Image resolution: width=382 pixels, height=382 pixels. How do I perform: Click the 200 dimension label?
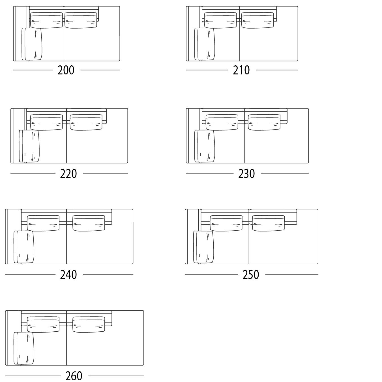[x=66, y=70]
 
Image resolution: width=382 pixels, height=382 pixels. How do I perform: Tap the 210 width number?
[x=241, y=70]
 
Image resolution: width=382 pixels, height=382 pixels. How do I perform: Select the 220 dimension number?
[x=68, y=174]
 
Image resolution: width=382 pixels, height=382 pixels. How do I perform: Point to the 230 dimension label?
[x=246, y=174]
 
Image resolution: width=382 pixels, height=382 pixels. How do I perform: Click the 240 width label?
[x=68, y=275]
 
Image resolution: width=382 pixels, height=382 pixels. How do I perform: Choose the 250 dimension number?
[x=251, y=275]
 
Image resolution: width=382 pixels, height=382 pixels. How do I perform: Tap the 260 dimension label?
[x=74, y=376]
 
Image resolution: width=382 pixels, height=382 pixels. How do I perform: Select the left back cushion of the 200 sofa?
[x=46, y=20]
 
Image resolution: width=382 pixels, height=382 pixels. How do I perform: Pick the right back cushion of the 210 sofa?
[x=257, y=20]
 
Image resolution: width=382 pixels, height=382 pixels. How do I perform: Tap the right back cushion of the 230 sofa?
[x=264, y=122]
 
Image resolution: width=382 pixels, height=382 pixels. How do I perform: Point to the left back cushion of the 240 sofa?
[x=43, y=223]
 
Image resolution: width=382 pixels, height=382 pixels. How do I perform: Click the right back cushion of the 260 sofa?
[x=89, y=324]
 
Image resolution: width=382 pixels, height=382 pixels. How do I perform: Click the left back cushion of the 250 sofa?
[x=226, y=223]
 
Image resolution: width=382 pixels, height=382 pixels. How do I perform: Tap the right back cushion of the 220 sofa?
[x=86, y=122]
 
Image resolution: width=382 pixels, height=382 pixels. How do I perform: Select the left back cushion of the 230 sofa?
[x=222, y=122]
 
